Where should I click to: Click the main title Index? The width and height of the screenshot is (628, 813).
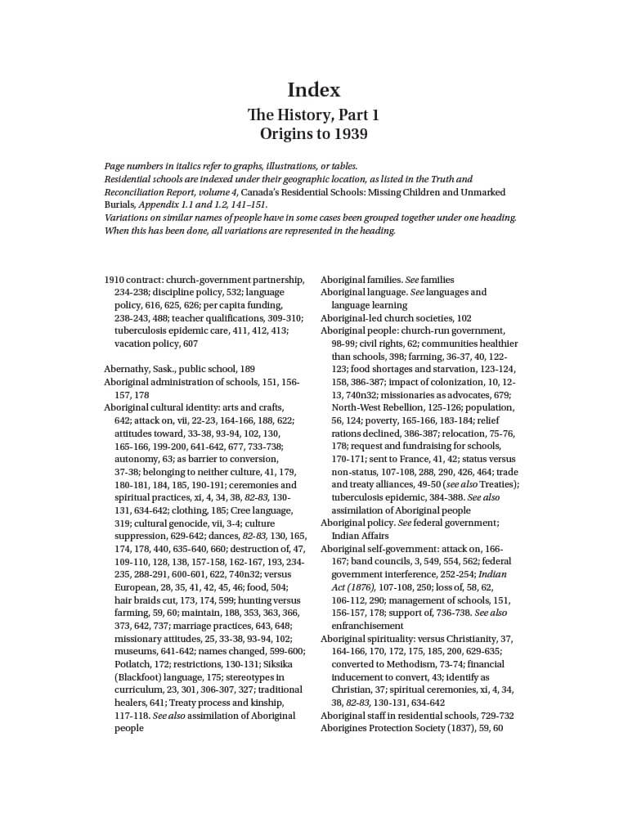[313, 89]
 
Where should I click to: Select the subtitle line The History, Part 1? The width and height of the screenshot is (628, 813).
[313, 115]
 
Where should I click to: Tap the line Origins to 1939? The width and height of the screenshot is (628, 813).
[313, 133]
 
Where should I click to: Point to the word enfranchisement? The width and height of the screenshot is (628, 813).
[367, 626]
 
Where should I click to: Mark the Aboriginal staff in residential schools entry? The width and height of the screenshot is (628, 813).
[400, 716]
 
